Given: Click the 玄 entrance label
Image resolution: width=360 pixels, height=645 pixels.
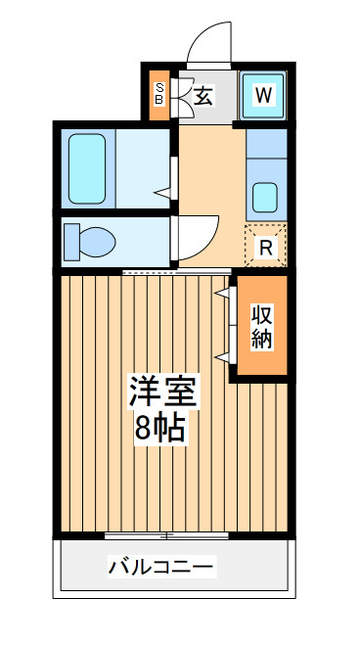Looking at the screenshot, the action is tap(203, 96).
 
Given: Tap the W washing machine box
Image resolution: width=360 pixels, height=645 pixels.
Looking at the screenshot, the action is tap(263, 96).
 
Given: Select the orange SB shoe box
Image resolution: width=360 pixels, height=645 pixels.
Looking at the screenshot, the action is tap(159, 96).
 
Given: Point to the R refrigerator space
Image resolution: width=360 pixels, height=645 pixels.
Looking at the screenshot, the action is tap(266, 246).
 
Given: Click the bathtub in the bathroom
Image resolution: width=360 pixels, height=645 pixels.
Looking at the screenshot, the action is tap(87, 168).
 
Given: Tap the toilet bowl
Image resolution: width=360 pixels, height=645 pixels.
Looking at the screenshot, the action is tap(97, 243).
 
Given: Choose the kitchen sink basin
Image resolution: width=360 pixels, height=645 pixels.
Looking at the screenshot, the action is tap(265, 198).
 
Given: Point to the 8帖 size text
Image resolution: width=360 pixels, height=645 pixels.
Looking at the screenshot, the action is tap(159, 429).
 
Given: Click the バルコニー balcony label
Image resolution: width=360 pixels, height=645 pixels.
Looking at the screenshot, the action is tap(161, 568).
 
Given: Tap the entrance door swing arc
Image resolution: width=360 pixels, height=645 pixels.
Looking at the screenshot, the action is tap(208, 41).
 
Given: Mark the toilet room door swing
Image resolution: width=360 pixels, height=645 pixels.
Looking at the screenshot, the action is tap(198, 239).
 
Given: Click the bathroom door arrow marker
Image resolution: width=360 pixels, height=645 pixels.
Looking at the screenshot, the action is tap(162, 193).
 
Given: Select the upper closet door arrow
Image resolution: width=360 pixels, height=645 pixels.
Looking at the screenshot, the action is tap(222, 293).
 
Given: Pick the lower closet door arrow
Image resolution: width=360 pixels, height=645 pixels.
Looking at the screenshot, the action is tap(222, 357).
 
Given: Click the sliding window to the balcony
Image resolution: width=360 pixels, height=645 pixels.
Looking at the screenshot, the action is tap(166, 535).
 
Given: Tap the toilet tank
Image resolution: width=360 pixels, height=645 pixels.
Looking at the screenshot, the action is tap(72, 243).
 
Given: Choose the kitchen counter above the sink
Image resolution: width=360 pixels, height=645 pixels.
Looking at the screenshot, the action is tap(266, 144).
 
